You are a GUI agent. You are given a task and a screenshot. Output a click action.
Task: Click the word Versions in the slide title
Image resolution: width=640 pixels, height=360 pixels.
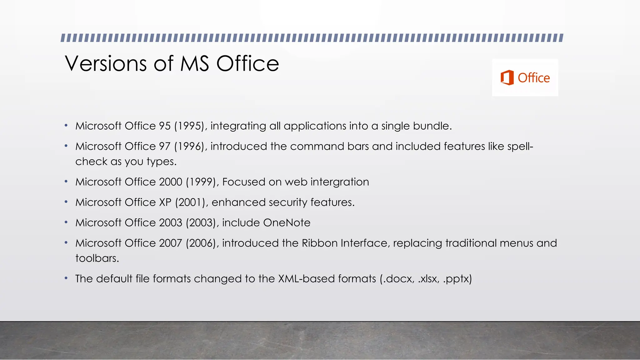pos(106,63)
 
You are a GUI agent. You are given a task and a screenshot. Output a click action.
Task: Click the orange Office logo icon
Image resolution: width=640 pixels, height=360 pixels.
pos(507,77)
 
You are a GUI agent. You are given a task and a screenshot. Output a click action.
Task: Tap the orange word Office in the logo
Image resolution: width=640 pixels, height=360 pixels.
pos(534,78)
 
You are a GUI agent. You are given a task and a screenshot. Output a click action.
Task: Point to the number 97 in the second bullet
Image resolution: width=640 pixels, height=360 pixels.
pos(165,146)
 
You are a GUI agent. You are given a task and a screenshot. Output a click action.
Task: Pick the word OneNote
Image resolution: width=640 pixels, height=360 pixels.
pos(287,223)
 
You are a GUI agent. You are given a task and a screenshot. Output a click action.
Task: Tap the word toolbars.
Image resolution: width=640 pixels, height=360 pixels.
pos(97,258)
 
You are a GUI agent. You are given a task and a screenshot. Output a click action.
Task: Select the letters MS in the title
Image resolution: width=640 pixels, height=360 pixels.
pos(194,63)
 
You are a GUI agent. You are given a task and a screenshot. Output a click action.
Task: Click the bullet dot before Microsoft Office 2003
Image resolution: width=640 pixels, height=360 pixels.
pos(66,222)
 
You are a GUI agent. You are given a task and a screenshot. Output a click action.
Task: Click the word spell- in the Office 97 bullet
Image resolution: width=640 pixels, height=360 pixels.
pos(520,147)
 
